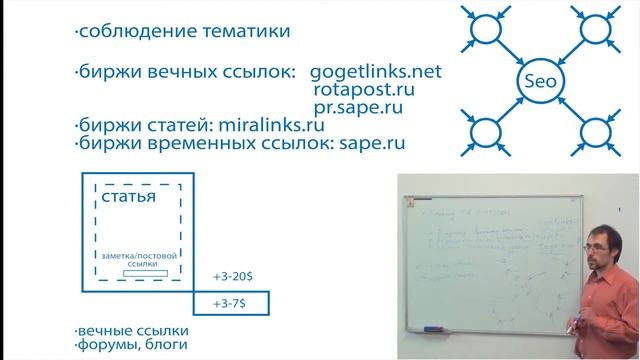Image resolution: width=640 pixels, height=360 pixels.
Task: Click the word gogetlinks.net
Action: pyautogui.click(x=375, y=74)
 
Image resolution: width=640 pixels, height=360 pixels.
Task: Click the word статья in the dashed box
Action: pyautogui.click(x=128, y=196)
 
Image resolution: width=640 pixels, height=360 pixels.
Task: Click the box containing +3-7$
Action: pyautogui.click(x=233, y=301)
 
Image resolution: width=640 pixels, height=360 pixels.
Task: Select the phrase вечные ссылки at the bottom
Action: pyautogui.click(x=135, y=330)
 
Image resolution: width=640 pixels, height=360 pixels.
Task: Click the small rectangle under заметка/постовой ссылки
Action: pyautogui.click(x=137, y=273)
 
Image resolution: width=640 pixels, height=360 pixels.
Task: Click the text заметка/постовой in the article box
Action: pyautogui.click(x=137, y=256)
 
